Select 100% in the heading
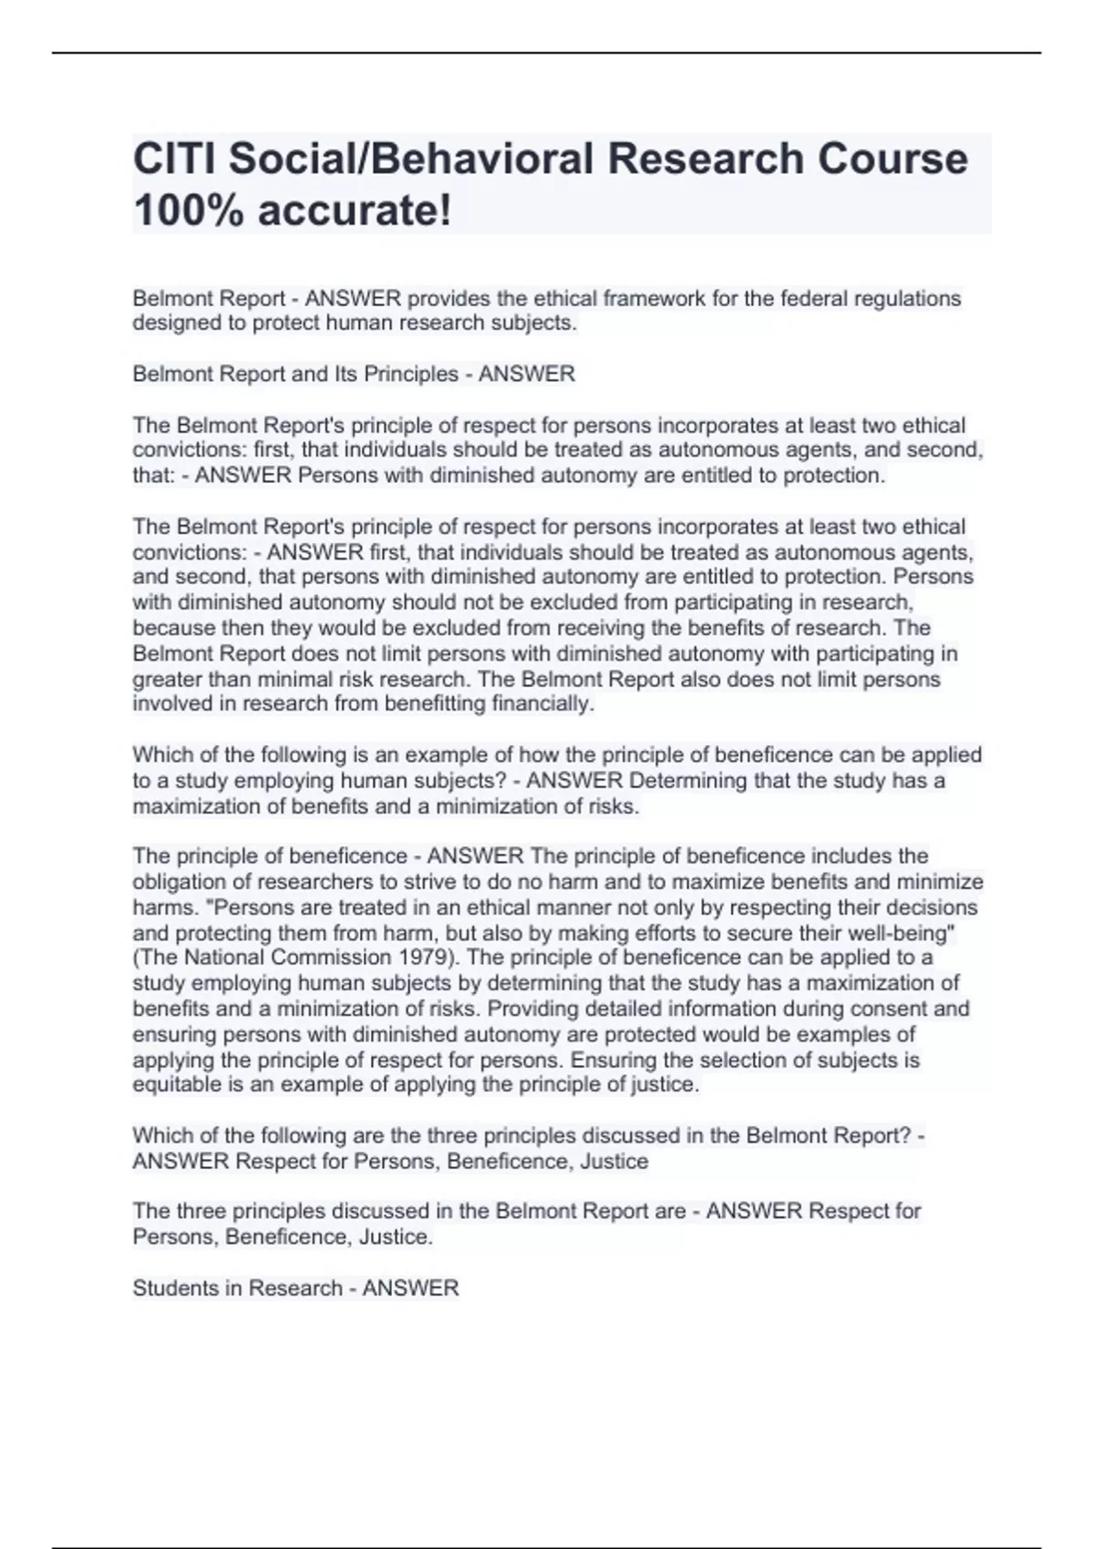pyautogui.click(x=189, y=211)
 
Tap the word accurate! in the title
pyautogui.click(x=355, y=211)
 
